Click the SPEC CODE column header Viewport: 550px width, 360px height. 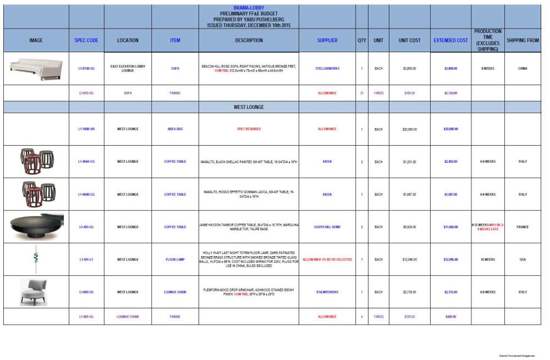86,40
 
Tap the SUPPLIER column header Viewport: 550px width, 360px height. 327,40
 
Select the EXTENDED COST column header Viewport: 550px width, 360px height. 450,40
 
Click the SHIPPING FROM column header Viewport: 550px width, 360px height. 522,40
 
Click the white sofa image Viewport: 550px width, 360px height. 36,68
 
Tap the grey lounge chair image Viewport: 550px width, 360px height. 35,291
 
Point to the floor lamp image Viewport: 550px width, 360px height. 36,259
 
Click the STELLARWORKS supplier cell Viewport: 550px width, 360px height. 327,69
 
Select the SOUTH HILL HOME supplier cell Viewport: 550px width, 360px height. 327,227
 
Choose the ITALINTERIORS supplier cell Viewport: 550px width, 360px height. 327,292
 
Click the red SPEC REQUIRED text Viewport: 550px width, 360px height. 249,129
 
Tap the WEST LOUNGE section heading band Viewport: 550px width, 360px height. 249,107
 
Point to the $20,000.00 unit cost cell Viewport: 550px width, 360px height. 410,129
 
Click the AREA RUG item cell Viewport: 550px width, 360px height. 175,129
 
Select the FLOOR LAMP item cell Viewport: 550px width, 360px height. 175,259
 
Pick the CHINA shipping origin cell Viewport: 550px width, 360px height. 522,69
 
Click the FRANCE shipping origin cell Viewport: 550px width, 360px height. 522,227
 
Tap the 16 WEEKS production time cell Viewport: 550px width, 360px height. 488,259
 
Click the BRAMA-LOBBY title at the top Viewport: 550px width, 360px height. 249,8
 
